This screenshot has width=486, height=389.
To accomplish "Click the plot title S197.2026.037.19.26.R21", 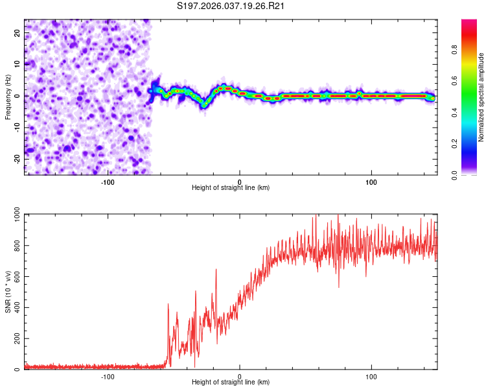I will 231,6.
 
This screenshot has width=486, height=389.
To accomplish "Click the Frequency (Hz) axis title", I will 8,97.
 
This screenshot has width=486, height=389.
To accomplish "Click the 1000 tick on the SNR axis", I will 13,216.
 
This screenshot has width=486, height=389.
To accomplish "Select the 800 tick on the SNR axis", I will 15,246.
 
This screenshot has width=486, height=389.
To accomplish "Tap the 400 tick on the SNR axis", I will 15,308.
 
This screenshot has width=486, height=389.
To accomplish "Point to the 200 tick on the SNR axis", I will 15,339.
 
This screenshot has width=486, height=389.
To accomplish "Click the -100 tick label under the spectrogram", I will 108,181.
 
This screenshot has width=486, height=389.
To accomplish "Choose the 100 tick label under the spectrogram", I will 371,181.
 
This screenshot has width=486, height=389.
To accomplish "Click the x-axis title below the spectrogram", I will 231,187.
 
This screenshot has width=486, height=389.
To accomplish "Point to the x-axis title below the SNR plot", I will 231,383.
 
